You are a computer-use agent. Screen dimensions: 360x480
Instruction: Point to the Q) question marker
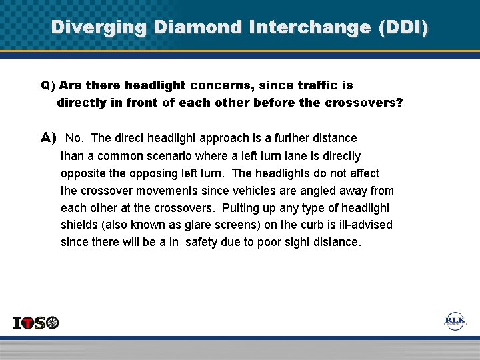47,86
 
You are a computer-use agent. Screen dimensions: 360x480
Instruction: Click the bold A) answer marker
49,138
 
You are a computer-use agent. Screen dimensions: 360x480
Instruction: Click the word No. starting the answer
75,139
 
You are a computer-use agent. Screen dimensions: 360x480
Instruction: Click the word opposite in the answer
83,173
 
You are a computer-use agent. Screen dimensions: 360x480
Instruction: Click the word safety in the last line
201,243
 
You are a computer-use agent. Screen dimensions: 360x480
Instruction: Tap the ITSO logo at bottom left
36,323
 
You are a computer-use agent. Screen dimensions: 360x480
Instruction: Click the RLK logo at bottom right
456,321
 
